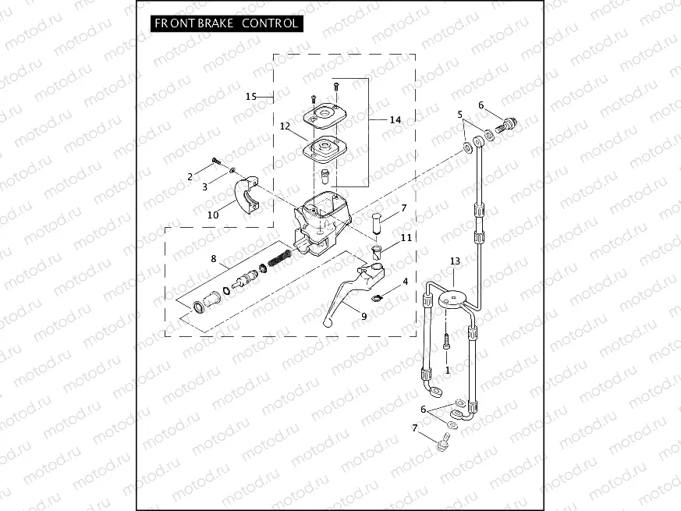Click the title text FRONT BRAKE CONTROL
tap(226, 23)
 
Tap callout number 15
tap(250, 96)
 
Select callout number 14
tap(395, 119)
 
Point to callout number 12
tap(285, 125)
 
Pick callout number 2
tap(190, 177)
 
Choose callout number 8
tap(213, 258)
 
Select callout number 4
tap(405, 281)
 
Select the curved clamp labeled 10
tap(250, 194)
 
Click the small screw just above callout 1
tap(446, 341)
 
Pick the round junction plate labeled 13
tap(452, 297)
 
